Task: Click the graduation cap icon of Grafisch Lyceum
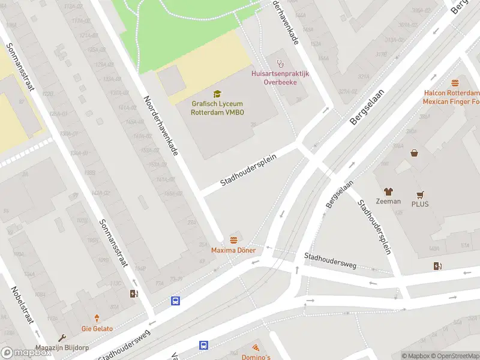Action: pyautogui.click(x=217, y=94)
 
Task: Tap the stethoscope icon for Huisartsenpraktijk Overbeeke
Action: pyautogui.click(x=280, y=63)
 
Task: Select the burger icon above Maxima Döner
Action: pyautogui.click(x=233, y=240)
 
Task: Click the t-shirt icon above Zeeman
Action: pyautogui.click(x=388, y=191)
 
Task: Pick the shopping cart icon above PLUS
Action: pyautogui.click(x=421, y=195)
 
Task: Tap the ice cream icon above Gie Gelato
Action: pyautogui.click(x=97, y=319)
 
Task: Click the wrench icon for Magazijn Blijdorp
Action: pyautogui.click(x=61, y=338)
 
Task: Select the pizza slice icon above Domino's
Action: pyautogui.click(x=256, y=347)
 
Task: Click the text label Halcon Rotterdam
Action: pyautogui.click(x=452, y=93)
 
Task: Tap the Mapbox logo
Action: pyautogui.click(x=26, y=353)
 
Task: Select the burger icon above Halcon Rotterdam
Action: pyautogui.click(x=455, y=83)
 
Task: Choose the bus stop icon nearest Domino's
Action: pyautogui.click(x=204, y=345)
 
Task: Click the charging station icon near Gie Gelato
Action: pyautogui.click(x=134, y=293)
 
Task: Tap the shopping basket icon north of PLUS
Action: pyautogui.click(x=414, y=153)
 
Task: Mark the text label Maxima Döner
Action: pyautogui.click(x=233, y=250)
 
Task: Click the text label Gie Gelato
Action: pyautogui.click(x=97, y=329)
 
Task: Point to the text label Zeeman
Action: pyautogui.click(x=388, y=201)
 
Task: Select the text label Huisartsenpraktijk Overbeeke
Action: pyautogui.click(x=280, y=77)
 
